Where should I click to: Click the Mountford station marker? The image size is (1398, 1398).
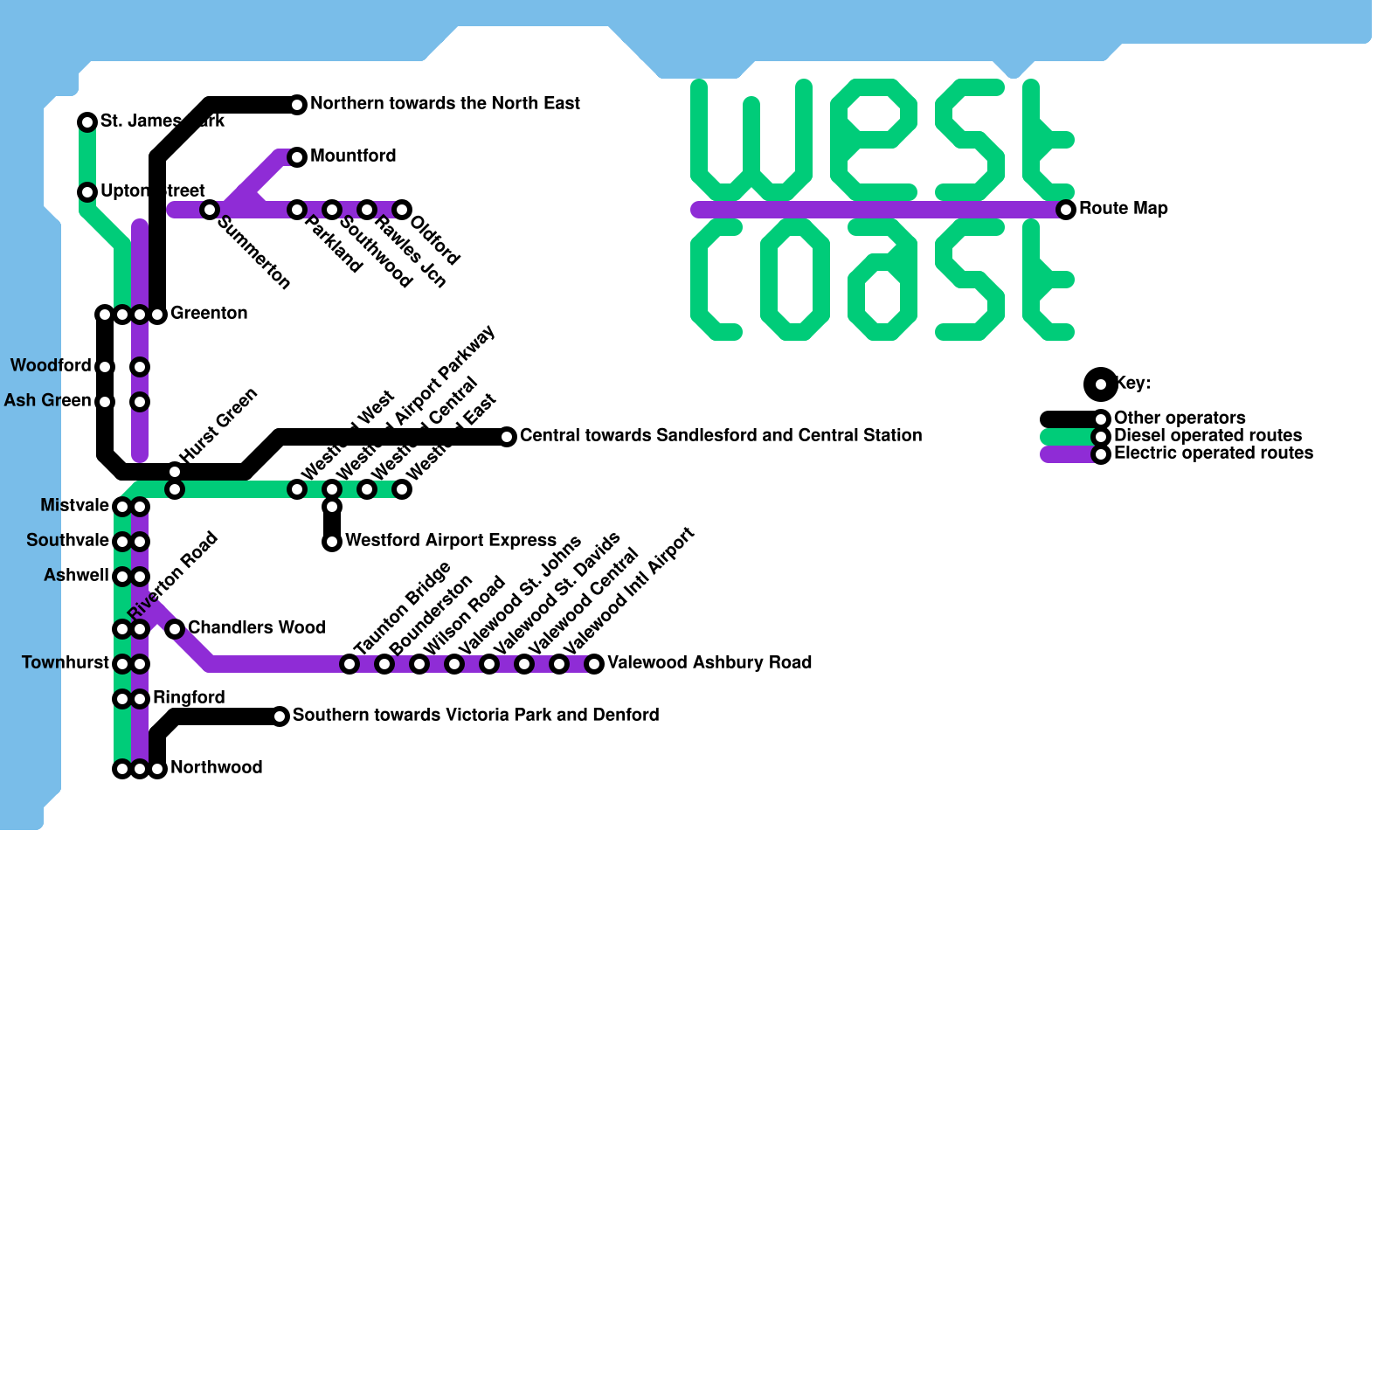tap(297, 157)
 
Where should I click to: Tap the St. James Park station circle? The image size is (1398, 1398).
tap(87, 122)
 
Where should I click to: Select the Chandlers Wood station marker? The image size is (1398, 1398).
tap(175, 629)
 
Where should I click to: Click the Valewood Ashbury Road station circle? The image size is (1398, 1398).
tap(594, 664)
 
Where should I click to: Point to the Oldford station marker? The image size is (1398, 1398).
tap(402, 210)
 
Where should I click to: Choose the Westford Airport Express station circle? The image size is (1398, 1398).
tap(332, 542)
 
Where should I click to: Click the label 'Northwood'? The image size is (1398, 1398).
tap(216, 768)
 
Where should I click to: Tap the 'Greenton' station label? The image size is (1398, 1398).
tap(209, 314)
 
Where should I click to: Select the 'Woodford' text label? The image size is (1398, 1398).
tap(51, 366)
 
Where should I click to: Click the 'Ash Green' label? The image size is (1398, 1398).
tap(47, 401)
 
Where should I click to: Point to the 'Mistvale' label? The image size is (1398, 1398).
tap(74, 506)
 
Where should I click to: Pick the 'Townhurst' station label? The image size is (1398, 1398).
tap(66, 663)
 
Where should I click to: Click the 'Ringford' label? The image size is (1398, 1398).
tap(189, 698)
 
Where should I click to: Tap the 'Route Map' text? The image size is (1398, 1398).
tap(1123, 209)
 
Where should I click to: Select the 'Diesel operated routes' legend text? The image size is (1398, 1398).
tap(1208, 436)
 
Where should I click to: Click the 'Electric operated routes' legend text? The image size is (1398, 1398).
tap(1213, 453)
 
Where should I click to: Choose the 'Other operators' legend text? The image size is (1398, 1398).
tap(1180, 419)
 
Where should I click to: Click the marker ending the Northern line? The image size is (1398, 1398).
tap(297, 105)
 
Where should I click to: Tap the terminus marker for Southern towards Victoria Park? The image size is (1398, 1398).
tap(280, 716)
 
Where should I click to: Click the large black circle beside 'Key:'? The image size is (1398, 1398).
tap(1101, 384)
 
